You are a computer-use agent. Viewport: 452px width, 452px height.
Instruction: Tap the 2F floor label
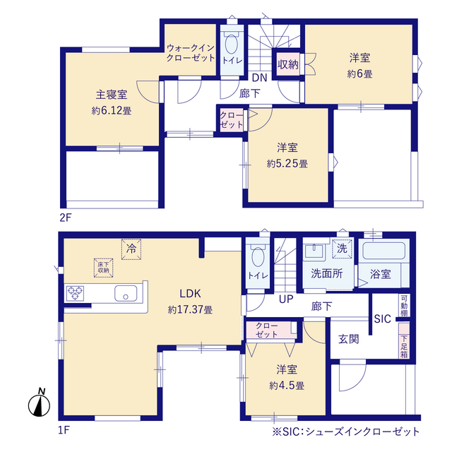tap(65, 218)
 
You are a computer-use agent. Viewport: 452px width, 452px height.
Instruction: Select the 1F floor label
tap(65, 429)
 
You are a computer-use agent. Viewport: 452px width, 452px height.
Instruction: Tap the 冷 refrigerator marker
tap(131, 248)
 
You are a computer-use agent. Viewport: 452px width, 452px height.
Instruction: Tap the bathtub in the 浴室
tap(382, 253)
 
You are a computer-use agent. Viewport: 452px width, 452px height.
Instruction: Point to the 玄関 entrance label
tap(348, 339)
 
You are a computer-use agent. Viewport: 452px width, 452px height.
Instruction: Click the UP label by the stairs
tap(285, 299)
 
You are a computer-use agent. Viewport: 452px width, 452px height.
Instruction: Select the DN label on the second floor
tap(258, 78)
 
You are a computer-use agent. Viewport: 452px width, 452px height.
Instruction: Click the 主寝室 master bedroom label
tap(112, 94)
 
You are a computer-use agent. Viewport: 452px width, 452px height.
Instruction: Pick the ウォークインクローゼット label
tap(191, 52)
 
